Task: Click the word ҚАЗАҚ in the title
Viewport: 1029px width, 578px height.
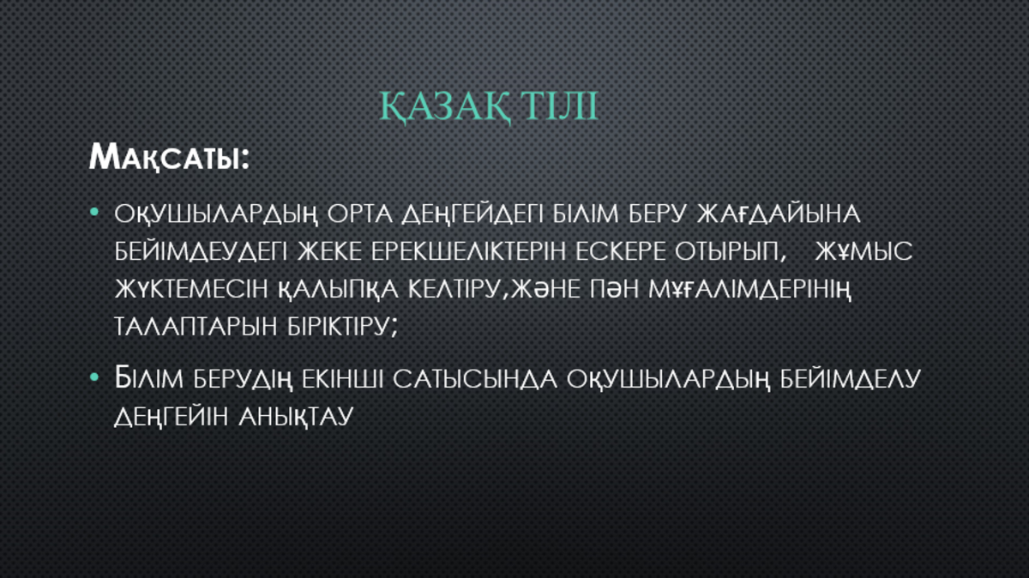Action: tap(444, 106)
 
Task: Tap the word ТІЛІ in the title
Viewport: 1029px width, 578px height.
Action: tap(559, 105)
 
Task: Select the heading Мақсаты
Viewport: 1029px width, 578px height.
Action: tap(169, 157)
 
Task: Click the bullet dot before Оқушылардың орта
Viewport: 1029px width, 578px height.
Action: tap(94, 212)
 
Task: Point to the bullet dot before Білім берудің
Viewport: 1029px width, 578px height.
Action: tap(94, 377)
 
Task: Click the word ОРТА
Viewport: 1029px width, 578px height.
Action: tap(360, 214)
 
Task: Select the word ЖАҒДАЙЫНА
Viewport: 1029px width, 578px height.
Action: tap(779, 214)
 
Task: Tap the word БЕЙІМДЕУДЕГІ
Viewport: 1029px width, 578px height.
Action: tap(201, 252)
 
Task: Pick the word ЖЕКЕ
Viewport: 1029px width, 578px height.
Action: tap(329, 251)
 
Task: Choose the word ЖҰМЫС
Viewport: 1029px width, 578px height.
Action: tap(864, 251)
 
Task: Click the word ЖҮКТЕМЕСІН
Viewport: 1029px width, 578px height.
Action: tap(191, 289)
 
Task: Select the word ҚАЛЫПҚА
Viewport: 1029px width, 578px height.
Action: tap(338, 291)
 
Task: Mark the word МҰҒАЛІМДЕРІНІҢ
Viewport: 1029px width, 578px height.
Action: tap(749, 291)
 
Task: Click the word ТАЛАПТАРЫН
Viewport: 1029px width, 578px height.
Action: tap(196, 327)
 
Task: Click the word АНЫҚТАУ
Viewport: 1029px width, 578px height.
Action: tap(296, 417)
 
